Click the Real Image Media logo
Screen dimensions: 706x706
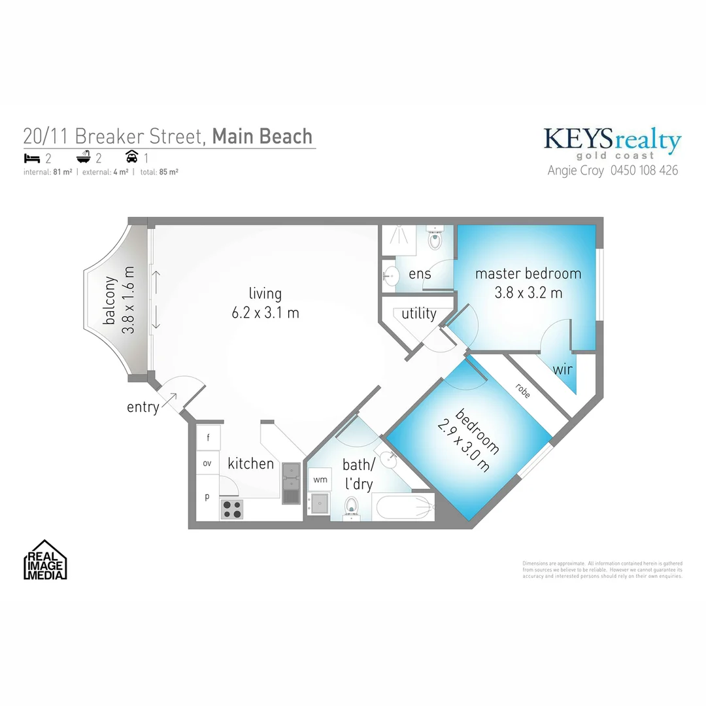tap(46, 560)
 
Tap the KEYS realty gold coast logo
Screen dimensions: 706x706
tap(613, 143)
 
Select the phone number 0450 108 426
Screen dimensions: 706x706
tap(644, 171)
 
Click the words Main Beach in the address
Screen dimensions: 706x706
tap(262, 136)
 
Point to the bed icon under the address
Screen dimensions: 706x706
tap(31, 158)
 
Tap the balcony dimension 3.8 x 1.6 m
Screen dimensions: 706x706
tap(128, 300)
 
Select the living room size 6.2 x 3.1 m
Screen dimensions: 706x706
tap(265, 313)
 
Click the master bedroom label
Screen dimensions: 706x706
tap(528, 273)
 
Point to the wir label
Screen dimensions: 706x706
tap(563, 369)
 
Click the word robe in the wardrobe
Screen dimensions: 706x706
tap(522, 391)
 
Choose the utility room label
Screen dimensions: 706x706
tap(419, 314)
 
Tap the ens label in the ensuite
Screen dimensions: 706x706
tap(420, 274)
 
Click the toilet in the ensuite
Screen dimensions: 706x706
tap(435, 240)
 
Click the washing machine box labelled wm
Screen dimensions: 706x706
tap(320, 479)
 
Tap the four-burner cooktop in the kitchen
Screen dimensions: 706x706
tap(231, 509)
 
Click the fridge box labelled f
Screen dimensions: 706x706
tap(209, 438)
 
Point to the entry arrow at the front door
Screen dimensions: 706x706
tap(169, 399)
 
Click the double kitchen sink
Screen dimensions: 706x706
tap(290, 484)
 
